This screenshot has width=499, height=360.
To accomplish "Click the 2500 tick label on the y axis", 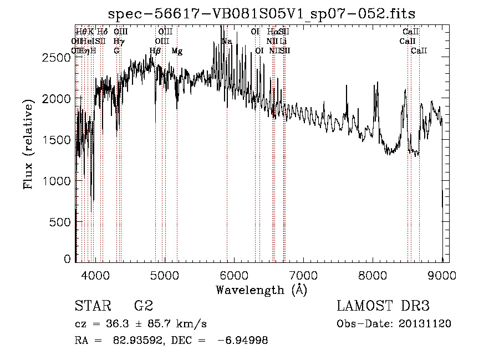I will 59,57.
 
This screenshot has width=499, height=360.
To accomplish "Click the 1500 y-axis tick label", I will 59,140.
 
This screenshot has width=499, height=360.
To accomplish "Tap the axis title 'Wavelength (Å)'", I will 261,290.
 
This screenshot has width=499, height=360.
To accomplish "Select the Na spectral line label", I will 226,42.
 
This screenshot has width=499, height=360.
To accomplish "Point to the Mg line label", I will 177,51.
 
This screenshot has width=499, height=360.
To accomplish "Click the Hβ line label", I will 155,51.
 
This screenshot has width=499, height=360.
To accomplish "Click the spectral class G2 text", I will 143,306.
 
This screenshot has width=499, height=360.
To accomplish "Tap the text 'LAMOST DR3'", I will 383,306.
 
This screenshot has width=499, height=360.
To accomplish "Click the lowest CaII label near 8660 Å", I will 419,51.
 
